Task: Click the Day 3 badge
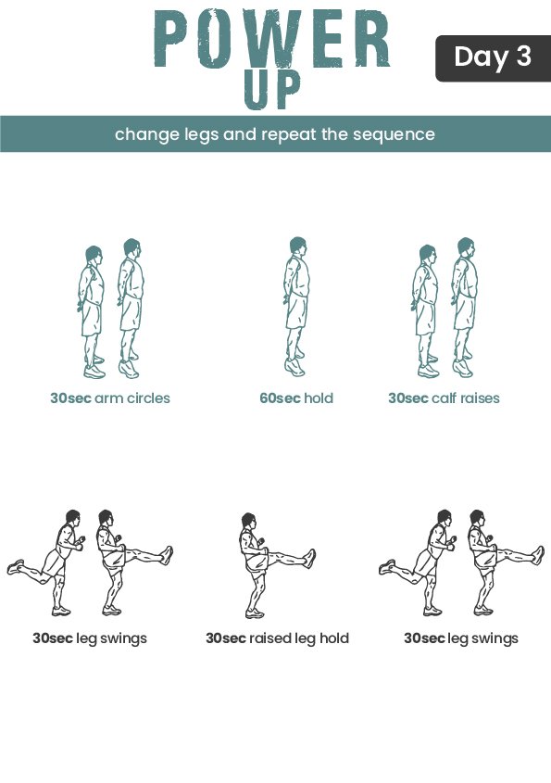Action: tap(493, 58)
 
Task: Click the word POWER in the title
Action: tap(271, 39)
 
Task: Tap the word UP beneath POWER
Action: tap(272, 90)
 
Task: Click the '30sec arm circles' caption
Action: tap(110, 398)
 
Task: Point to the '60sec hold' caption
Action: tap(296, 398)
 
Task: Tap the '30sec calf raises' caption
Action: tap(444, 398)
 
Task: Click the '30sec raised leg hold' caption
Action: tap(277, 638)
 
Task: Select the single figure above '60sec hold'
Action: tap(296, 307)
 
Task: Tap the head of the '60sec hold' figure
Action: tap(297, 246)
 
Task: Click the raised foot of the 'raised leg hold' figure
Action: tap(310, 558)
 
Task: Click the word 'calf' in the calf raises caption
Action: tap(445, 398)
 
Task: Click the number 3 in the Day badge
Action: tap(523, 56)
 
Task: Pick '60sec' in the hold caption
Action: tap(280, 398)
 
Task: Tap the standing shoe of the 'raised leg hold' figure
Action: tap(254, 613)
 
